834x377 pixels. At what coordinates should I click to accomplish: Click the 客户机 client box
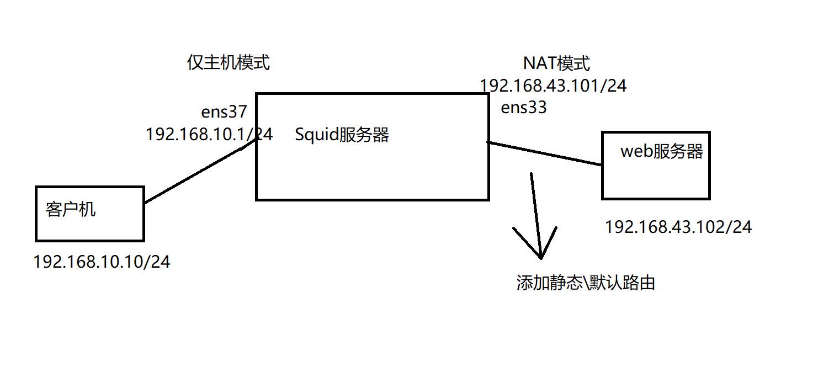89,221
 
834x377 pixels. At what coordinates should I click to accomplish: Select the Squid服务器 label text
342,135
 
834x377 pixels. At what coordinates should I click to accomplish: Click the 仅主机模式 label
228,63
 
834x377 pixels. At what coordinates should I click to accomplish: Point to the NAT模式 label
556,64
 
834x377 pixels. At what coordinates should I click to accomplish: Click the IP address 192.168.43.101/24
553,86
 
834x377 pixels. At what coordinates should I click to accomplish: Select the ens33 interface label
523,108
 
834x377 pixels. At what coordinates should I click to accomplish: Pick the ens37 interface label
224,112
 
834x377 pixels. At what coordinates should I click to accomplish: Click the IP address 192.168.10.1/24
209,135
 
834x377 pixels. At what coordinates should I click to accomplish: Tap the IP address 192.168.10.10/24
102,262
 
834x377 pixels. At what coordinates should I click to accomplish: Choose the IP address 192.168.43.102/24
678,227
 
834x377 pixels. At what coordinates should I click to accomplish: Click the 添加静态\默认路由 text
586,283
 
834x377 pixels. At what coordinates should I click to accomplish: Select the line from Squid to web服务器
544,153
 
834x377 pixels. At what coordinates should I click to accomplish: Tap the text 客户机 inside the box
71,210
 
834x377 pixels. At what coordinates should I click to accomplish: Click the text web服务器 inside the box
662,152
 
